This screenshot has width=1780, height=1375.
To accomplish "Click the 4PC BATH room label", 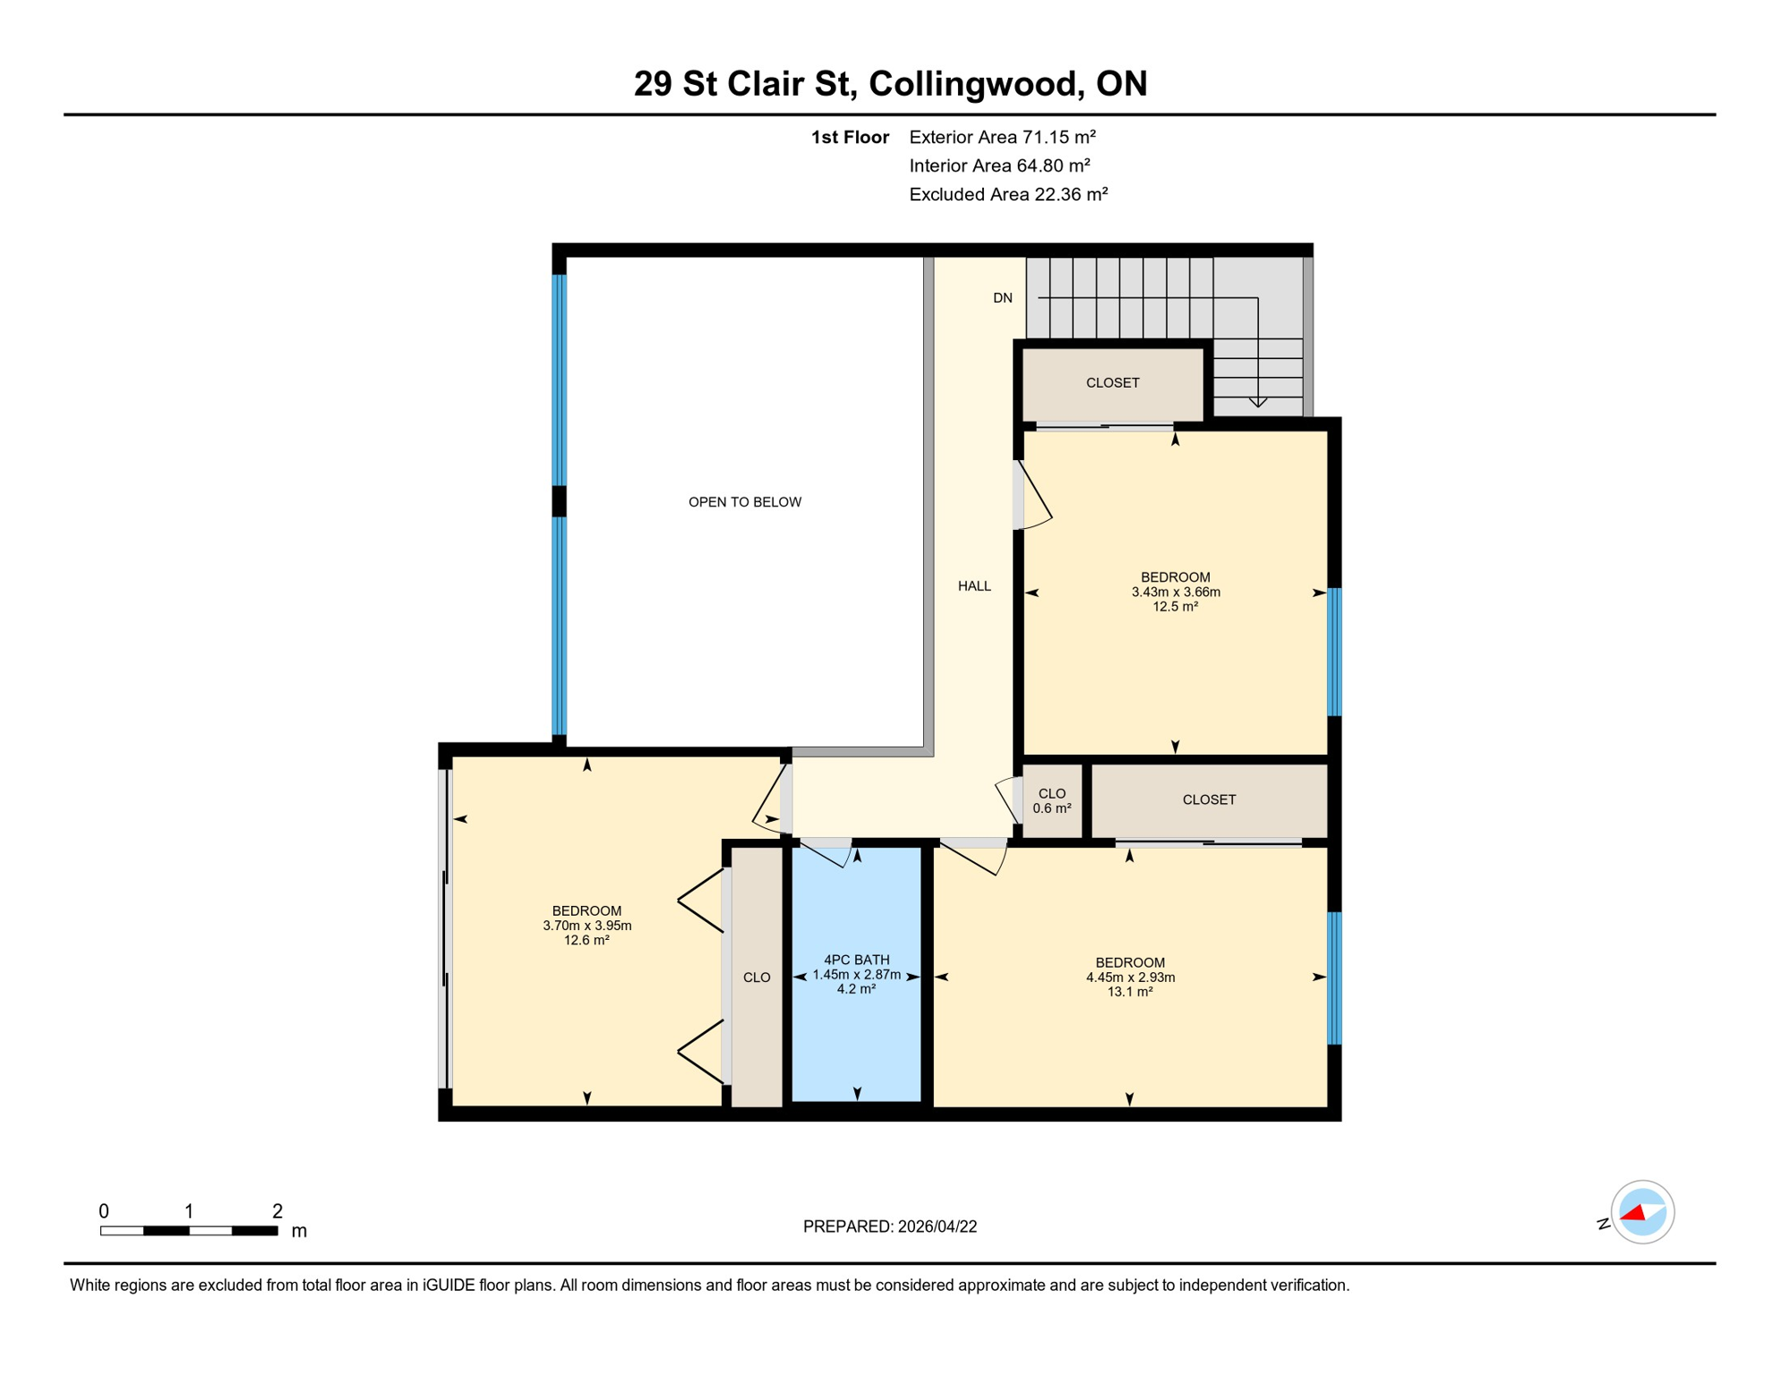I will pos(857,960).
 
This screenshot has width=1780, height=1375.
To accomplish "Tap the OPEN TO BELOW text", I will pos(744,502).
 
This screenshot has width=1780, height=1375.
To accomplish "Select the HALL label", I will pos(974,586).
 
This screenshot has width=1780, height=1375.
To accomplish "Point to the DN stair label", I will pos(1002,298).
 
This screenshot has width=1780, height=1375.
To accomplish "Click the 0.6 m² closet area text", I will pos(1051,808).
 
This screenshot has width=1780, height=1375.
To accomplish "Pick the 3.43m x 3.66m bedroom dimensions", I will pos(1175,592).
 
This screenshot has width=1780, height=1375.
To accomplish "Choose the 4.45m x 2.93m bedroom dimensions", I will pos(1130,978).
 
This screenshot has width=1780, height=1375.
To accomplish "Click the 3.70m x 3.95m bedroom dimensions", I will pos(586,926).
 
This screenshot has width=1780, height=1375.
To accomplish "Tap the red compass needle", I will pos(1634,1213).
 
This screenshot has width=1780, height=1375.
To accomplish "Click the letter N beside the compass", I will pos(1603,1224).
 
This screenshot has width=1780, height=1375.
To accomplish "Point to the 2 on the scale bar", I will pos(278,1211).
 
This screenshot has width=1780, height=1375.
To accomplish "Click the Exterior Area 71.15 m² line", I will pos(1002,137).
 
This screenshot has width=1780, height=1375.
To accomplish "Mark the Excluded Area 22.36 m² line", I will pos(1008,194).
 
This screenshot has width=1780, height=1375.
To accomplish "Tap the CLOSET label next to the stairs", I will pos(1112,383).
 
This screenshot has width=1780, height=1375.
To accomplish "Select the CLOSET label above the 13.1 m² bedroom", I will pos(1209,799).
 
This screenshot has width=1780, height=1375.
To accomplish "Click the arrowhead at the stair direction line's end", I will pos(1258,402).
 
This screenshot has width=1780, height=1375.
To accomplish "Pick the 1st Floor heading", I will pos(850,137).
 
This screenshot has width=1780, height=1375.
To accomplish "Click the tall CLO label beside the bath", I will pos(757,978).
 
